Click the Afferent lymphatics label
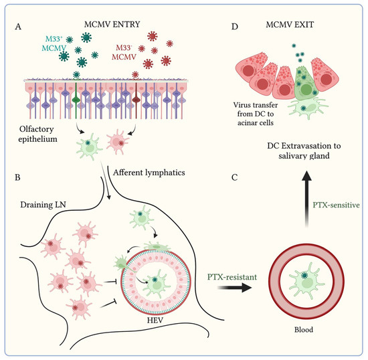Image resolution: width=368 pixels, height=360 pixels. click(150, 172)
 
